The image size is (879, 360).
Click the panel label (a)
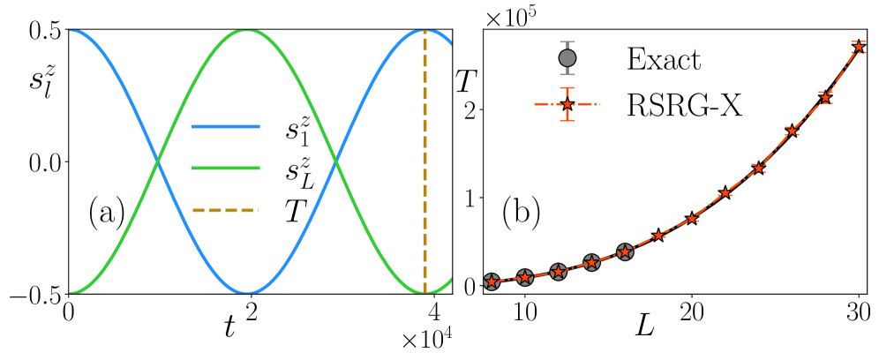pyautogui.click(x=107, y=214)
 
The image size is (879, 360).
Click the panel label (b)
pyautogui.click(x=521, y=214)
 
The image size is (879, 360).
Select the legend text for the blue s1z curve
pyautogui.click(x=299, y=130)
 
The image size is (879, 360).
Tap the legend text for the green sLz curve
pyautogui.click(x=300, y=168)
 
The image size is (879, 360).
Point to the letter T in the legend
pyautogui.click(x=293, y=211)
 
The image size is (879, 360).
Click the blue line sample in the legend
pyautogui.click(x=226, y=127)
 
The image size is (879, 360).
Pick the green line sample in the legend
pyautogui.click(x=226, y=168)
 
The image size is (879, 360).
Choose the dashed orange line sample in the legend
pyautogui.click(x=226, y=210)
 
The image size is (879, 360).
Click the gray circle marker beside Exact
pyautogui.click(x=567, y=58)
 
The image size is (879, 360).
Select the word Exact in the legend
pyautogui.click(x=663, y=59)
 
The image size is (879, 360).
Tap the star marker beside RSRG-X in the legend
pyautogui.click(x=567, y=105)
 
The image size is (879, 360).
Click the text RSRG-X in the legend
pyautogui.click(x=684, y=105)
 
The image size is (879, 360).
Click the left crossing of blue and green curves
pyautogui.click(x=158, y=161)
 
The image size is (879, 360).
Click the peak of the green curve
pyautogui.click(x=248, y=31)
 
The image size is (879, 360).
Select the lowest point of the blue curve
pyautogui.click(x=248, y=292)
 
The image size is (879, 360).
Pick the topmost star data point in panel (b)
pyautogui.click(x=859, y=46)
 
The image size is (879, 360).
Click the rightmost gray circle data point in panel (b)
pyautogui.click(x=625, y=252)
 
